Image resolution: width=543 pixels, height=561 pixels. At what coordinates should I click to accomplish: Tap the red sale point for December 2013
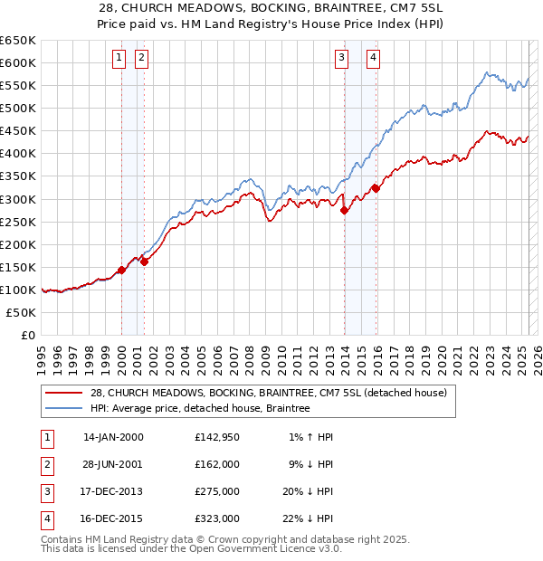point(344,210)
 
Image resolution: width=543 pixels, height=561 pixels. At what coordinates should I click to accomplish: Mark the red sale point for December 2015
point(376,188)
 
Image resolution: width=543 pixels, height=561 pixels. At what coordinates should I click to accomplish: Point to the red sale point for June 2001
point(144,261)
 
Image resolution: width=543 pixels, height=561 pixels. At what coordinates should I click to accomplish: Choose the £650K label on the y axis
point(17,41)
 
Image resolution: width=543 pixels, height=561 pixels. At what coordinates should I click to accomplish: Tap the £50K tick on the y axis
point(21,312)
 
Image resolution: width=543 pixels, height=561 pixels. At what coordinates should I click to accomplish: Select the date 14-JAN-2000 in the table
point(113,437)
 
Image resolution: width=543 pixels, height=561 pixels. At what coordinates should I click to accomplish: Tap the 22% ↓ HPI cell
point(308,518)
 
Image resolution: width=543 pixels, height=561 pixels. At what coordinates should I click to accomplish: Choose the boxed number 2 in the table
point(45,464)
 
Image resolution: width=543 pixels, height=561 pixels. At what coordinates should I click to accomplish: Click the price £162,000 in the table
point(217,464)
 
